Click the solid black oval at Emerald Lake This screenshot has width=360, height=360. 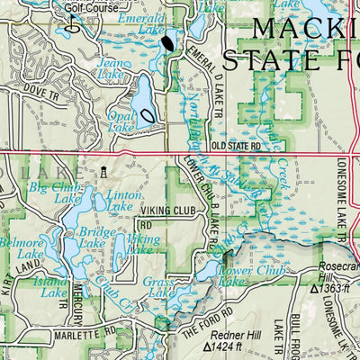click(x=168, y=42)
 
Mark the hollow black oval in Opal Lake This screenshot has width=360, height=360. click(x=147, y=114)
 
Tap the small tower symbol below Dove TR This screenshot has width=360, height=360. click(x=103, y=171)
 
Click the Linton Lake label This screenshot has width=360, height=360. click(x=124, y=201)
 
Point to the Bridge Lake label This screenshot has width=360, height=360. click(x=96, y=238)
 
